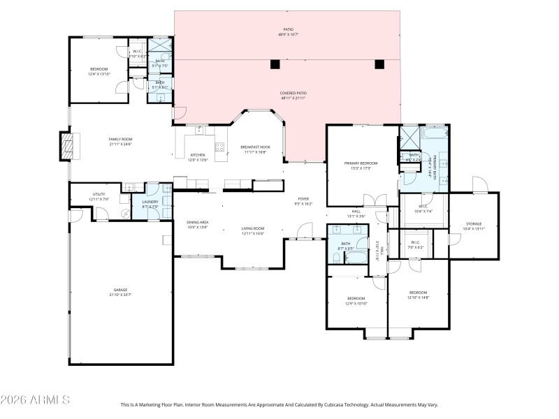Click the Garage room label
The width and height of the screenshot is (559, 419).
pyautogui.click(x=121, y=292)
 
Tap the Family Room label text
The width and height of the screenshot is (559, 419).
pyautogui.click(x=120, y=142)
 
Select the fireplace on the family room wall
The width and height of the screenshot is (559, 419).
pyautogui.click(x=67, y=147)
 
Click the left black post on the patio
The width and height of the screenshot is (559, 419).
pyautogui.click(x=275, y=64)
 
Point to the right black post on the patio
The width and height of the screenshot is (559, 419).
pyautogui.click(x=379, y=64)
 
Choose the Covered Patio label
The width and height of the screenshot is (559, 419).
pyautogui.click(x=293, y=96)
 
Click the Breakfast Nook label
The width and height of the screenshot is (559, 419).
pyautogui.click(x=255, y=149)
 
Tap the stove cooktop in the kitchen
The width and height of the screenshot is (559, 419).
pyautogui.click(x=219, y=147)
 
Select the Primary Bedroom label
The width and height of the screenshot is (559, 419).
pyautogui.click(x=361, y=166)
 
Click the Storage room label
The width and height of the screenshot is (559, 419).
pyautogui.click(x=474, y=226)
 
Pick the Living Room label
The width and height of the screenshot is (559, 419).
pyautogui.click(x=253, y=231)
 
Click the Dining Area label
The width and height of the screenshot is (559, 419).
pyautogui.click(x=198, y=225)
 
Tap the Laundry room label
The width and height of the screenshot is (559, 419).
pyautogui.click(x=150, y=204)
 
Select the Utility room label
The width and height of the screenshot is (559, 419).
pyautogui.click(x=99, y=197)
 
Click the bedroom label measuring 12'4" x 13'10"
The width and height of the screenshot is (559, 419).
pyautogui.click(x=99, y=72)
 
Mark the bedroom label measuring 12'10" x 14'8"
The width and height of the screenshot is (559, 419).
pyautogui.click(x=418, y=295)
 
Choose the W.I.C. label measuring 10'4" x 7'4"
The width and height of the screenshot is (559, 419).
pyautogui.click(x=423, y=209)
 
